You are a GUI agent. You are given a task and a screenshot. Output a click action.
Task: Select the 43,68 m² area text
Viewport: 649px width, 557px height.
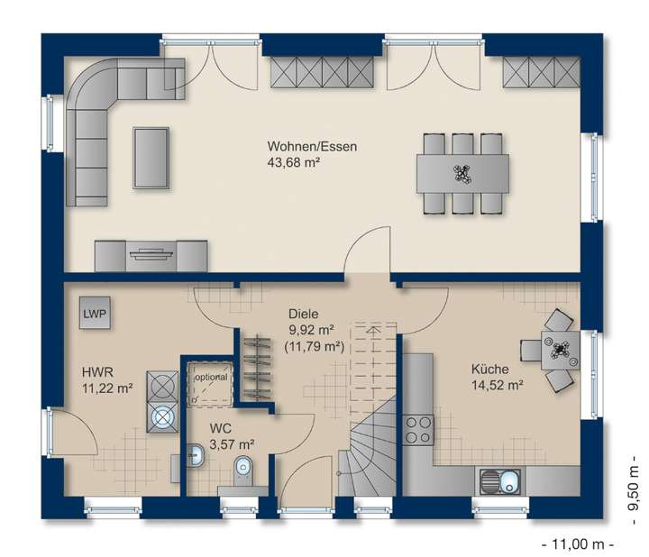(294, 163)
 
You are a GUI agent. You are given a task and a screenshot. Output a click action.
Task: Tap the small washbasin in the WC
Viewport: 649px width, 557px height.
(196, 456)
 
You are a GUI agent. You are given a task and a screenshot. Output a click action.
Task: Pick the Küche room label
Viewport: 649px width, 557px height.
(490, 369)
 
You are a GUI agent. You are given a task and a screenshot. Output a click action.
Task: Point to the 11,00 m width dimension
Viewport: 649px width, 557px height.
(577, 543)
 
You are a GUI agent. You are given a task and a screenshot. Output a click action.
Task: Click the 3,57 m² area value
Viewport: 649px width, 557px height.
(232, 443)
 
